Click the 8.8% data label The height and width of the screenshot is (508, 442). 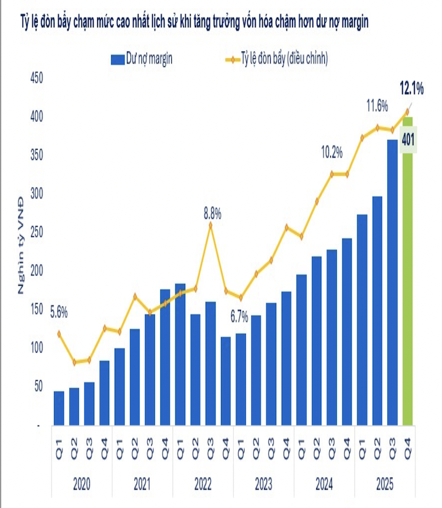(x=212, y=213)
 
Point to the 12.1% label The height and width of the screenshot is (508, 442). (x=412, y=89)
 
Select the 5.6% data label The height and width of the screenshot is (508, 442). (x=58, y=313)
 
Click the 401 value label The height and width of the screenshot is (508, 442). (x=408, y=140)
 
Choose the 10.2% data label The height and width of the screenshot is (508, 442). (x=332, y=151)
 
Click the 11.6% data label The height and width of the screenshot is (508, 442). (x=376, y=106)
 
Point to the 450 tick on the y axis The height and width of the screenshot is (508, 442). (x=36, y=77)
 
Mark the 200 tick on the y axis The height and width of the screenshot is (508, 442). (x=36, y=270)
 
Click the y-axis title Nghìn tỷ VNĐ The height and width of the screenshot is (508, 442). (x=21, y=245)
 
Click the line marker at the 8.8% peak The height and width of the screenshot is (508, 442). (x=211, y=225)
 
